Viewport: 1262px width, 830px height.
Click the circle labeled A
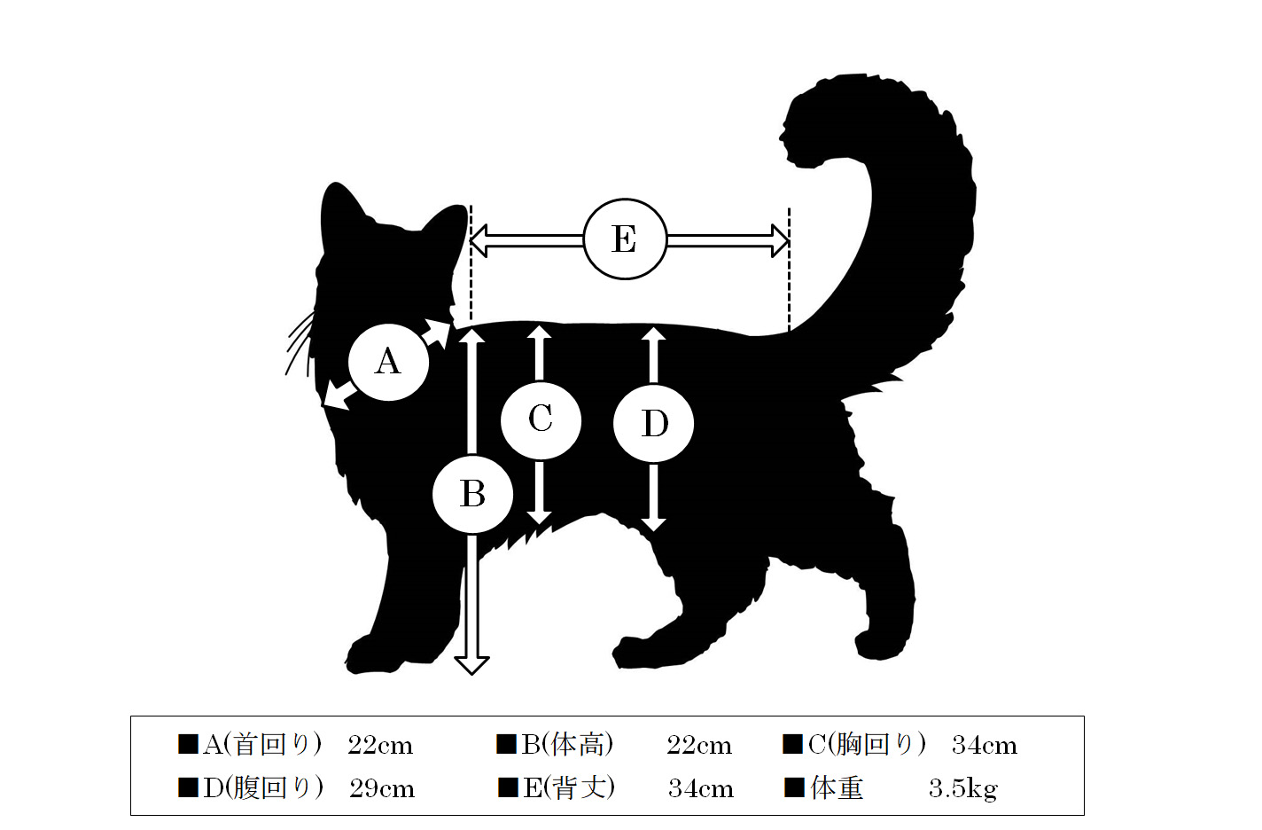(x=389, y=362)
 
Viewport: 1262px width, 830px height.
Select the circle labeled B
(x=472, y=494)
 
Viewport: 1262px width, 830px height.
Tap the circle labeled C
(x=541, y=420)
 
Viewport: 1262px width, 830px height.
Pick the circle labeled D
(x=653, y=423)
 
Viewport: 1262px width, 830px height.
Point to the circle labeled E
(x=625, y=239)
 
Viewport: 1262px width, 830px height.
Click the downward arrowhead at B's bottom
(x=471, y=665)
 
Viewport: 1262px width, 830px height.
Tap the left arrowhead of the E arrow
(x=479, y=241)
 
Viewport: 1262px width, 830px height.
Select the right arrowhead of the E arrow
(x=780, y=241)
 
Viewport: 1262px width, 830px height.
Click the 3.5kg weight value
(x=962, y=789)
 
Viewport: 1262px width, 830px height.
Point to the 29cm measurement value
(x=382, y=789)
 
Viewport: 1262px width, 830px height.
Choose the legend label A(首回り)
(x=262, y=744)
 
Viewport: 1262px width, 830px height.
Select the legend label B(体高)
(x=567, y=744)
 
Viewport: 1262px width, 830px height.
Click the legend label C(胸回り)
(x=867, y=744)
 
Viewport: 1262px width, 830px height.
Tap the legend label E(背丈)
(x=569, y=787)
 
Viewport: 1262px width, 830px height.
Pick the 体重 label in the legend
(x=837, y=787)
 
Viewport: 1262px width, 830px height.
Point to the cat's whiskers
(x=300, y=344)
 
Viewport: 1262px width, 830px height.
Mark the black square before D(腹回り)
(x=188, y=787)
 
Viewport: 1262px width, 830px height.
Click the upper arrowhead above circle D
(x=653, y=334)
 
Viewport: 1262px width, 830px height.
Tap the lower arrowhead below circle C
(x=540, y=518)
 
